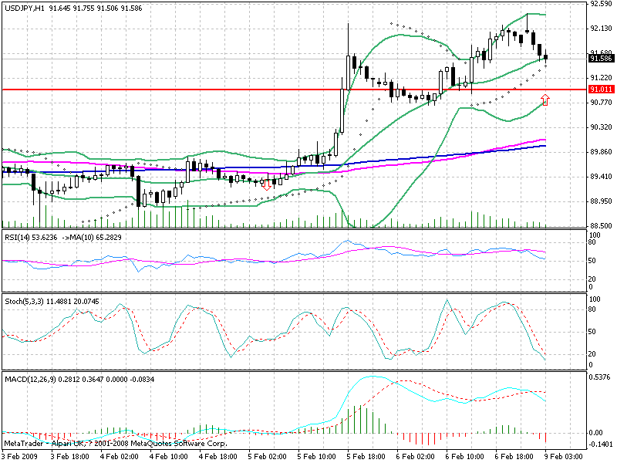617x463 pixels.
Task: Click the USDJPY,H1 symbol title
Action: coord(23,7)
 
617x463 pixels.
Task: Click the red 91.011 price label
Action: coord(599,90)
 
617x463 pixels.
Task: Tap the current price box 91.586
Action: coord(599,58)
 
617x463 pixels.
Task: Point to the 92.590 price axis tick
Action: coord(600,4)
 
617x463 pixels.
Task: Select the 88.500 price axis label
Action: coord(600,225)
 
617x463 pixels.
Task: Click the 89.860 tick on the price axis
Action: coord(600,151)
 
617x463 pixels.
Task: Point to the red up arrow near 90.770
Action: coord(545,99)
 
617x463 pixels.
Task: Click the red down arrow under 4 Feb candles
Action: coord(267,184)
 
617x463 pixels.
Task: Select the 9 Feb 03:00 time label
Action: coord(567,457)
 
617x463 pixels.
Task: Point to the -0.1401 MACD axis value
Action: coord(600,444)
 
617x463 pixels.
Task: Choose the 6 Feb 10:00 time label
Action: coord(464,457)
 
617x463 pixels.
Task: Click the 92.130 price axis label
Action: coord(600,29)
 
